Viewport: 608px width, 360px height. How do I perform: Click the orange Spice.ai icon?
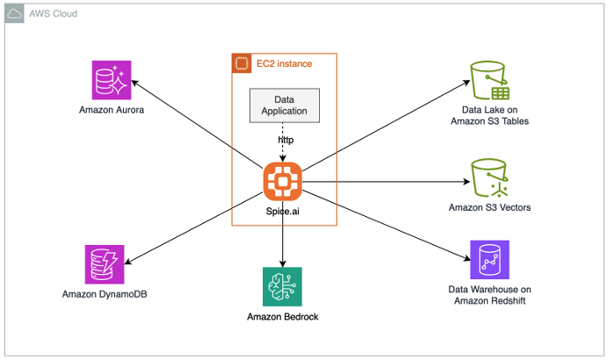tap(282, 181)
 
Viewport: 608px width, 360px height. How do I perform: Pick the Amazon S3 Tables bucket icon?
tap(489, 80)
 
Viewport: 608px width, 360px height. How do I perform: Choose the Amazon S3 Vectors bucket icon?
tap(489, 178)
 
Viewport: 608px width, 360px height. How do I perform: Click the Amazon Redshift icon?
tap(489, 261)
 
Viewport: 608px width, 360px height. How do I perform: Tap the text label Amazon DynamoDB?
tap(105, 293)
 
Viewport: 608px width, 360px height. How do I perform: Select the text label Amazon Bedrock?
tap(282, 317)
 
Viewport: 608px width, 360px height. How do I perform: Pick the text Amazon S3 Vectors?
tap(489, 208)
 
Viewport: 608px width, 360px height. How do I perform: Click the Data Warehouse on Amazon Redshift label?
tap(489, 296)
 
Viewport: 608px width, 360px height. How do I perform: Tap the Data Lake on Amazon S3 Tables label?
tap(489, 115)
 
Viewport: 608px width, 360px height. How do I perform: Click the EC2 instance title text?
tap(284, 63)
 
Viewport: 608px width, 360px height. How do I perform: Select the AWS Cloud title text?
tap(53, 14)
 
